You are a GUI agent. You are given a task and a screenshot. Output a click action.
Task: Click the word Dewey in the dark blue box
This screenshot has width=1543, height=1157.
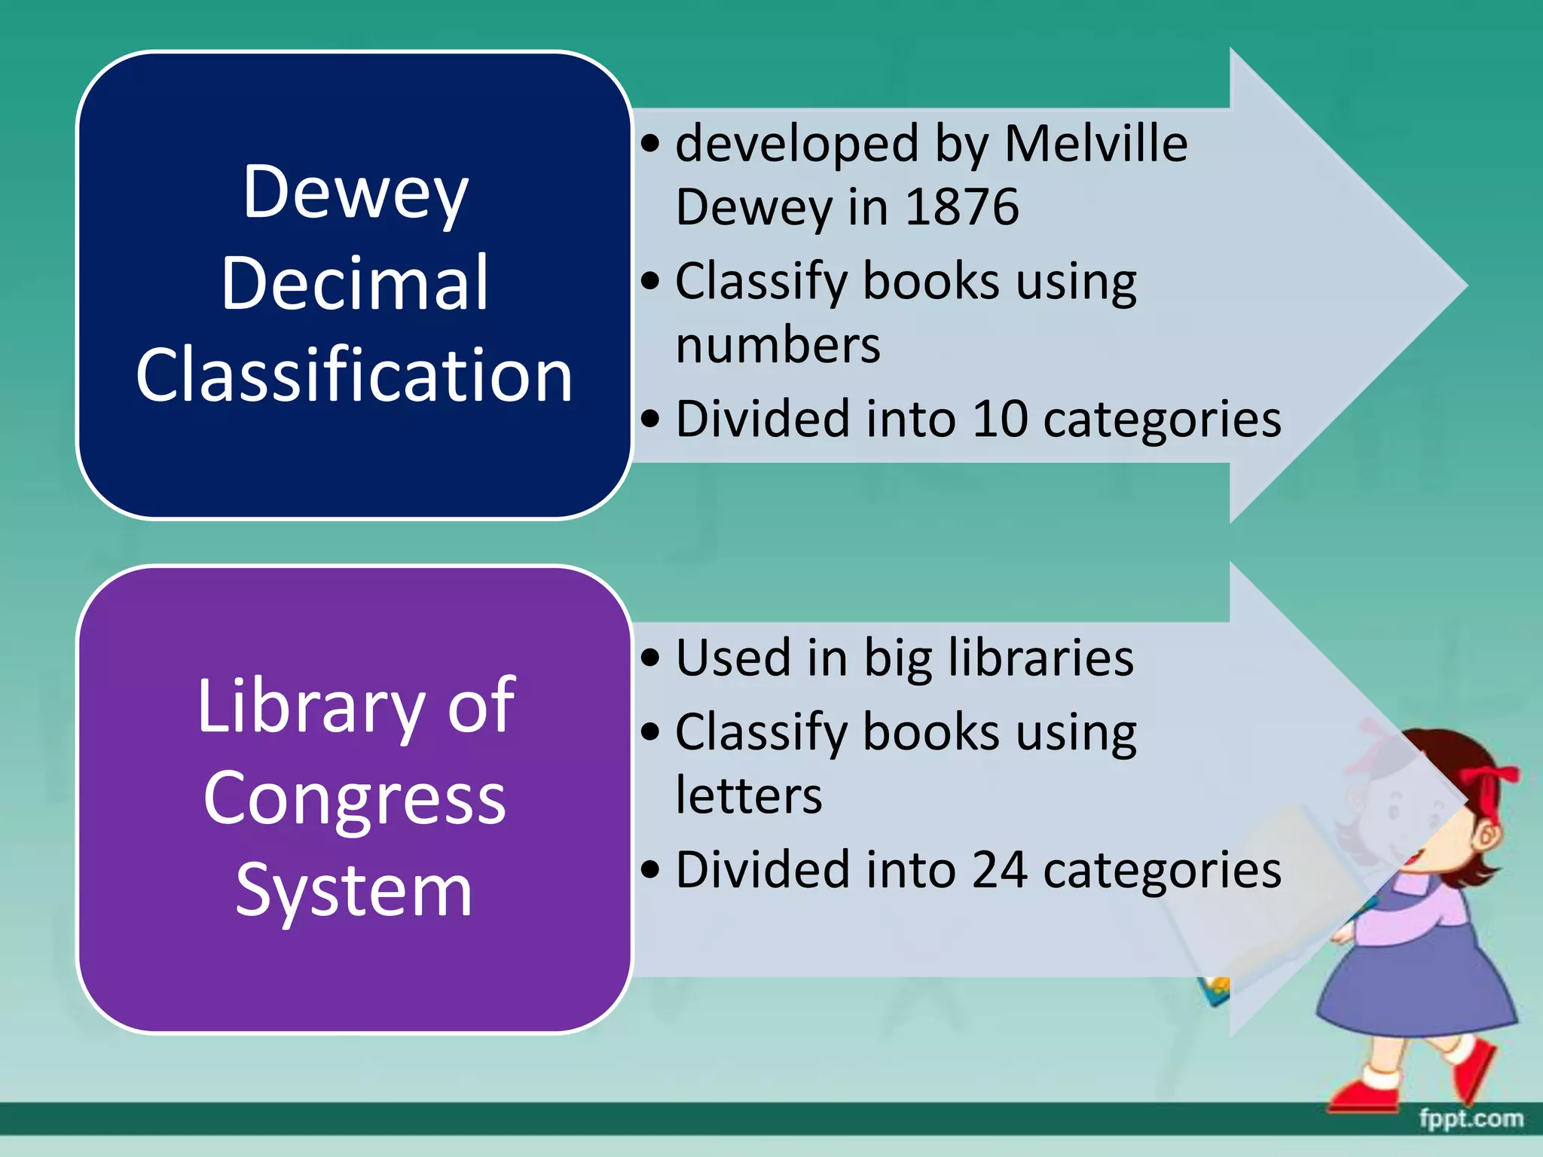click(355, 193)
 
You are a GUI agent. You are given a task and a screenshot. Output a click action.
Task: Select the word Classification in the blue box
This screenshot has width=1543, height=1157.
click(355, 374)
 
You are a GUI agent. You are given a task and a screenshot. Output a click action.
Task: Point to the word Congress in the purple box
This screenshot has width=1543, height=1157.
click(355, 798)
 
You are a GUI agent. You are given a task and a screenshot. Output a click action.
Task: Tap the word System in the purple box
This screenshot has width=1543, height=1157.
click(355, 890)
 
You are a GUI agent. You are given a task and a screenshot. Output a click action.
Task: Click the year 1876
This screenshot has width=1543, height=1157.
click(961, 206)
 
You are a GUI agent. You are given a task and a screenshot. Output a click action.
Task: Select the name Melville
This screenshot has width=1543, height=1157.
click(1095, 143)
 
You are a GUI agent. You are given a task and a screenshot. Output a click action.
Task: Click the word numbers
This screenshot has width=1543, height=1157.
click(778, 345)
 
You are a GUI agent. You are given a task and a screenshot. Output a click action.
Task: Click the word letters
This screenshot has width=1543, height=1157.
click(749, 795)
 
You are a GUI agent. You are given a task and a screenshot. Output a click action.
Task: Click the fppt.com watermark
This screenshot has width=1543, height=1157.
click(1471, 1119)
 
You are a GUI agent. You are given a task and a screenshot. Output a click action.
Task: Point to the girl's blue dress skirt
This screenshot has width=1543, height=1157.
click(1416, 979)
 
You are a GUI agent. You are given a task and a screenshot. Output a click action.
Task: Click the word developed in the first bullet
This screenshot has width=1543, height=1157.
click(797, 143)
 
